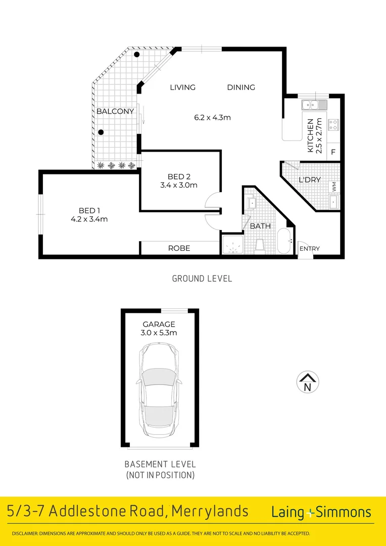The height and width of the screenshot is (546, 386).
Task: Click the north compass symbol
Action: [307, 382]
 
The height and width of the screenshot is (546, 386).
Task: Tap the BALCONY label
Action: [115, 111]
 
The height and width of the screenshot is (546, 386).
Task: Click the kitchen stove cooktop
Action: [333, 124]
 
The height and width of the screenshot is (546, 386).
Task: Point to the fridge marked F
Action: [333, 152]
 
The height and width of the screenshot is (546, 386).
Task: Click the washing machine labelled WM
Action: [334, 187]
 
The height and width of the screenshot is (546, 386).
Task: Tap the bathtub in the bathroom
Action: [284, 241]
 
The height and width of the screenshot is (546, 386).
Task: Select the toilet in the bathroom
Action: [260, 244]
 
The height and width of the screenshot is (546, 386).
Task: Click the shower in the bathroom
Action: [232, 244]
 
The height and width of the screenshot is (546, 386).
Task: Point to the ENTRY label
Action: [309, 249]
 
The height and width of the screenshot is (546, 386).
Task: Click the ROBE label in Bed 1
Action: [179, 248]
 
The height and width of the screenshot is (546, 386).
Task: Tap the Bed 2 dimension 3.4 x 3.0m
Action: [179, 185]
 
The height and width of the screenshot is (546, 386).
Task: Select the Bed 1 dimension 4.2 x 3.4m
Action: [89, 219]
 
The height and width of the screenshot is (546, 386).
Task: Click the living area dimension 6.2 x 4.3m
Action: [212, 118]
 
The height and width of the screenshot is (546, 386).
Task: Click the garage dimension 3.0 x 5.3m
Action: [159, 333]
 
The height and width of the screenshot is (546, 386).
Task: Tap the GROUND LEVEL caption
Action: [202, 279]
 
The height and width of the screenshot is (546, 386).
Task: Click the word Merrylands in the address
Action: [210, 512]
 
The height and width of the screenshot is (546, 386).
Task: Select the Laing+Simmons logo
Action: [321, 512]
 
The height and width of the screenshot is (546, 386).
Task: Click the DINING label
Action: [241, 87]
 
